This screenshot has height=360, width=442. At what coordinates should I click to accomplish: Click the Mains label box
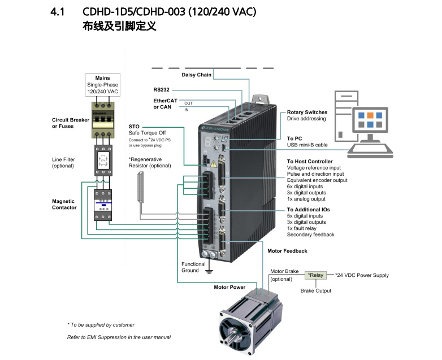click(x=102, y=84)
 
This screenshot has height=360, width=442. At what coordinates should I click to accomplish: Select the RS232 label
click(x=161, y=89)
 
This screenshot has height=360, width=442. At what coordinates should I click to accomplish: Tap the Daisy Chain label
click(x=196, y=75)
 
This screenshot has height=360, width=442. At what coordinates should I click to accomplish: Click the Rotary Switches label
click(x=307, y=112)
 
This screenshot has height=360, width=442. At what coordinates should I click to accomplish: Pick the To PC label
click(x=294, y=138)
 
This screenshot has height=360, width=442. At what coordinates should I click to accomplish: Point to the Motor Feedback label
click(x=287, y=250)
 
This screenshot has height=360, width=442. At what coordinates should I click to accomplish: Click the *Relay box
click(x=315, y=275)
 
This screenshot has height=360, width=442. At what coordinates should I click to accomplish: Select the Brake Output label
click(x=315, y=290)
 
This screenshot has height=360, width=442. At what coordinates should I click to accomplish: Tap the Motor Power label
click(x=229, y=287)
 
